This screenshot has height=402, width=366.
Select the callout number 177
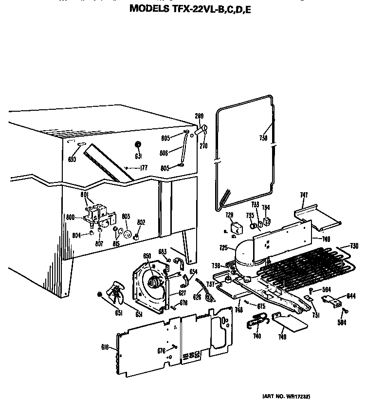coord(144,168)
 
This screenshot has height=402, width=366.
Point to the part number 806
coord(164,153)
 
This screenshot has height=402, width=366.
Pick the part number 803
coord(126,216)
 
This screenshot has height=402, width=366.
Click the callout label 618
coord(105,347)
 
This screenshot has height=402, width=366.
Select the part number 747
coord(304,195)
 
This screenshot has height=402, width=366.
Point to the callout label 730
coord(354,245)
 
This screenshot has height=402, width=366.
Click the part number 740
coord(256,336)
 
